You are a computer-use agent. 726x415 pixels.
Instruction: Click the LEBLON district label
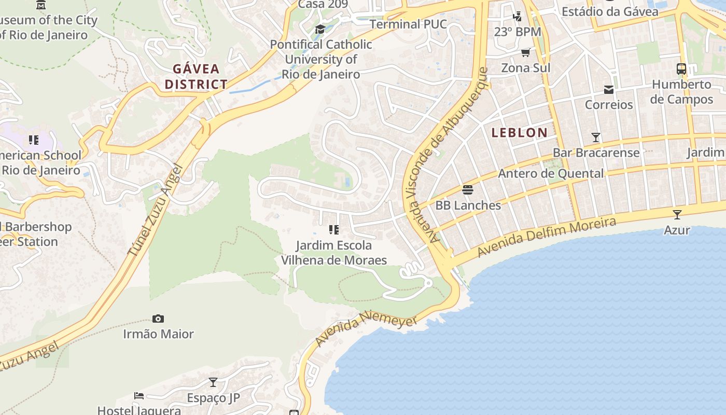click(519, 133)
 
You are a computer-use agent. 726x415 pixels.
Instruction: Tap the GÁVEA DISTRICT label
click(196, 76)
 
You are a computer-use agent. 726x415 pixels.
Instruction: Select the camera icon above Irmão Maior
click(158, 319)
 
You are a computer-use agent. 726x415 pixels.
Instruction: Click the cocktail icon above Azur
click(677, 214)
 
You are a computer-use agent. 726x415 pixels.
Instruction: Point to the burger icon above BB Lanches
click(468, 190)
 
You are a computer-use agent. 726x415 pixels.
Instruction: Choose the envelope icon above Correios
click(609, 90)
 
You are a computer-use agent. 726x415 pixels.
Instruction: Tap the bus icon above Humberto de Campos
click(681, 69)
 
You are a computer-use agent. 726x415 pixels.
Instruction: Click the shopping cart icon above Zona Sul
click(525, 52)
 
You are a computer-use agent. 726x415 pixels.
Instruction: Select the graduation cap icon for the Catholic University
click(320, 29)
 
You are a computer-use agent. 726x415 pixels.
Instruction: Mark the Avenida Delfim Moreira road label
click(547, 237)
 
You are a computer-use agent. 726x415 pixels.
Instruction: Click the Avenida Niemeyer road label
click(366, 328)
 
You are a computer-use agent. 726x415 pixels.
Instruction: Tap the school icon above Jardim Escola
click(334, 229)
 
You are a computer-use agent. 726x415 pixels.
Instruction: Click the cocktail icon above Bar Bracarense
click(596, 137)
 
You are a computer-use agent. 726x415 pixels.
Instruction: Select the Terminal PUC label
click(408, 24)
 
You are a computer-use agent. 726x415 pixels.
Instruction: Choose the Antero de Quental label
click(551, 174)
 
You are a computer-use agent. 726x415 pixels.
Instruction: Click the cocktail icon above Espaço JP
click(213, 382)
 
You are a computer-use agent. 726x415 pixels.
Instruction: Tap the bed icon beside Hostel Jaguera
click(139, 396)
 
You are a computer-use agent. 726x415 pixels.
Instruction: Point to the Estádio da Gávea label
click(610, 11)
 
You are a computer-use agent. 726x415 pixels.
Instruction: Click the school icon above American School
click(34, 140)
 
